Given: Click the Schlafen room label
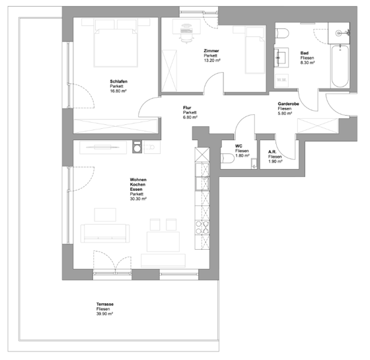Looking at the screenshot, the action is coord(119,81).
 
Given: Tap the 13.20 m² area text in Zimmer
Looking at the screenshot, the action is coord(212,60).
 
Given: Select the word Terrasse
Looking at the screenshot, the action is coord(105,304).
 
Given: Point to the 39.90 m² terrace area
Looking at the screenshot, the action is coord(104,314).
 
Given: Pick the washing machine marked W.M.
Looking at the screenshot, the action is coord(281,80).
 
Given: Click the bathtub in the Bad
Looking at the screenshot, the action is coord(340,66).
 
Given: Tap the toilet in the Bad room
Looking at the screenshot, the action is coord(281,33).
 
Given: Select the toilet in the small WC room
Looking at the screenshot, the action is coord(227,158).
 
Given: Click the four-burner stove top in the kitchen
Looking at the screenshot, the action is coord(202,227).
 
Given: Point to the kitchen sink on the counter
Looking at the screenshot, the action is coord(202,184).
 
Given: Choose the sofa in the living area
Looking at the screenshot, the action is coord(105,233).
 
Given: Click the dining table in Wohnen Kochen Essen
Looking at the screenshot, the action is coord(163,241).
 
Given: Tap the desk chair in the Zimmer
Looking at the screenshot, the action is coord(186,34).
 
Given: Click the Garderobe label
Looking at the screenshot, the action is coord(288,104).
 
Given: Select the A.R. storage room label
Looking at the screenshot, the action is coord(272,152).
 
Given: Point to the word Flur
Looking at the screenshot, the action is coord(187,108).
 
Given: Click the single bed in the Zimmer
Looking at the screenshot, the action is coord(254,50).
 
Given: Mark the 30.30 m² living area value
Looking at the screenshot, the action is coord(138,199).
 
